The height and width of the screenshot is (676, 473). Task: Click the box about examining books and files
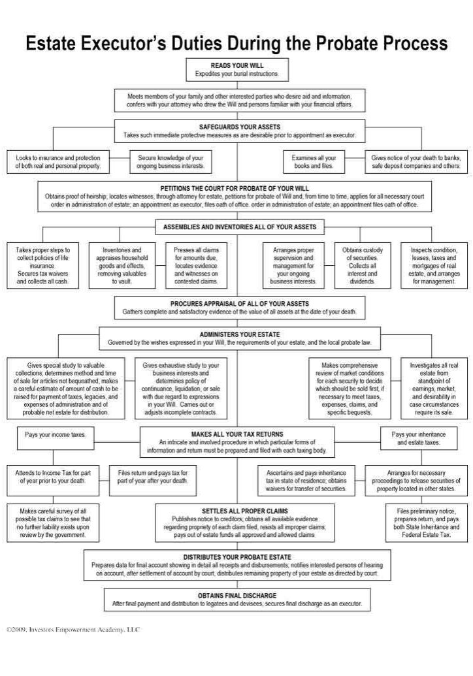pyautogui.click(x=314, y=162)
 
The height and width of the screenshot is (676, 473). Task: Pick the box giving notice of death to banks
pyautogui.click(x=416, y=162)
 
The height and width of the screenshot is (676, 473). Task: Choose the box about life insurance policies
pyautogui.click(x=43, y=266)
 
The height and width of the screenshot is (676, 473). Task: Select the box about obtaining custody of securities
pyautogui.click(x=363, y=266)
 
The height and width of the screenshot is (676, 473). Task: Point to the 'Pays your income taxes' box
pyautogui.click(x=56, y=434)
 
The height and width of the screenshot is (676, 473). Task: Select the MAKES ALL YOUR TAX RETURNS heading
pyautogui.click(x=237, y=434)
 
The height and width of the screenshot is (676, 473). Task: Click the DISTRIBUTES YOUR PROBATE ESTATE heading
pyautogui.click(x=237, y=556)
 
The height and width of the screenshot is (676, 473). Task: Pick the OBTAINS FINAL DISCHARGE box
pyautogui.click(x=237, y=600)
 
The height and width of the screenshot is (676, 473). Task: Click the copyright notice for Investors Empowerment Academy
pyautogui.click(x=73, y=630)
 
